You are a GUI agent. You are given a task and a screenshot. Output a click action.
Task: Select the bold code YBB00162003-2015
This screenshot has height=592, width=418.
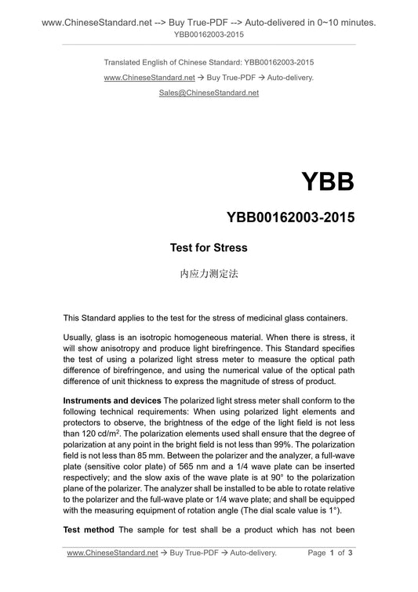[290, 216]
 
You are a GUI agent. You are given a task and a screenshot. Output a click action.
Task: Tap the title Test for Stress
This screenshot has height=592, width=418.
[209, 248]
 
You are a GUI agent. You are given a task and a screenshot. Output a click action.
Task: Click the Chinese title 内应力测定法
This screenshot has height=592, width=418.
[209, 275]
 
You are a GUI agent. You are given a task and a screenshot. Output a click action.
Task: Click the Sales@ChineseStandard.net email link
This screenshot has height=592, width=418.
[209, 92]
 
